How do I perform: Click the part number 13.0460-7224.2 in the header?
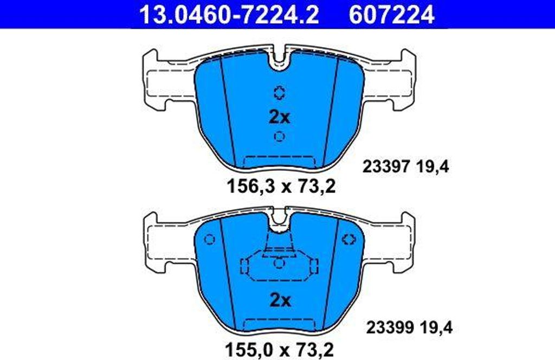pos(229,14)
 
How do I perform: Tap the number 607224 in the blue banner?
pos(392,14)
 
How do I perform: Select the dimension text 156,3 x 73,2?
pos(280,187)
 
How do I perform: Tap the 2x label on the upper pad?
pos(280,116)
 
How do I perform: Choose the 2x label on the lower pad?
pos(280,300)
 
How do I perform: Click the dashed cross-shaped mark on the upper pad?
pos(280,92)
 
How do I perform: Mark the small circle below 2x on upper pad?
pos(280,136)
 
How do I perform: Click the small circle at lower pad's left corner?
pos(210,239)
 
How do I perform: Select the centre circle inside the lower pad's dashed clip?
pos(279,263)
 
